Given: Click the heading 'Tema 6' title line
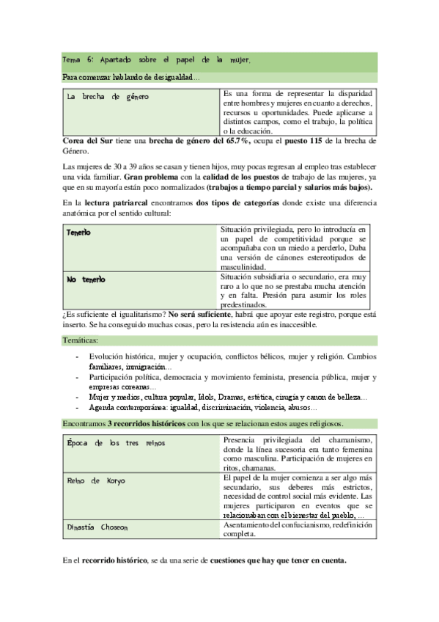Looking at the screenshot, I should (x=157, y=59).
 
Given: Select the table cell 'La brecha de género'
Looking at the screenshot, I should (x=107, y=97).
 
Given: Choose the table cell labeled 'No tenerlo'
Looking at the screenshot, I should (x=86, y=279).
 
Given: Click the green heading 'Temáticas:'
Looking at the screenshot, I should (x=81, y=340).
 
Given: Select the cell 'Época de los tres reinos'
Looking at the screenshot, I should (x=116, y=443).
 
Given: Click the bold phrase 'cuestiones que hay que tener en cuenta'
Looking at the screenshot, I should (x=273, y=561).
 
